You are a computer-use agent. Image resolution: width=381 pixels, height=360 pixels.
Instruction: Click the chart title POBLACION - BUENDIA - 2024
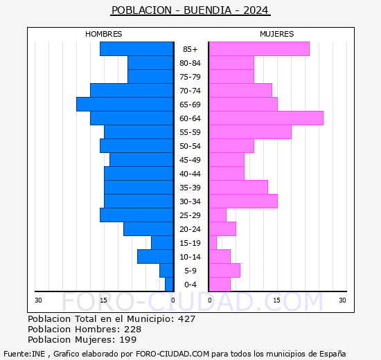coord(190,10)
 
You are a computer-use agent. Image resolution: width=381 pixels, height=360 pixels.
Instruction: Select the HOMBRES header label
coord(104,34)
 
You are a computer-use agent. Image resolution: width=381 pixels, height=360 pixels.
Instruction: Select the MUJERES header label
coord(276,34)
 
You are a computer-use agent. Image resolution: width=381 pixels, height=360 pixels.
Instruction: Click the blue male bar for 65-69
coord(125,104)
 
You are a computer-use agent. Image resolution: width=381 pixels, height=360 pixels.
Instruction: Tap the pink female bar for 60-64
coord(265,118)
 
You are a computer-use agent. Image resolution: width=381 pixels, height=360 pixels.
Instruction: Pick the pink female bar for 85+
coord(258,48)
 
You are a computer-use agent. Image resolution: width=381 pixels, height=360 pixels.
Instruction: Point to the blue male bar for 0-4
coord(169,284)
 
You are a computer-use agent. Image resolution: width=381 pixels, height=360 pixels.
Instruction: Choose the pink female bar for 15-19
coord(213,242)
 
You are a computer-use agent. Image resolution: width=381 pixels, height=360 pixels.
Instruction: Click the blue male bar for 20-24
coord(148,228)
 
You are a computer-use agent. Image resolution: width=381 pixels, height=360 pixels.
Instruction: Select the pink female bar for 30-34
coord(242,201)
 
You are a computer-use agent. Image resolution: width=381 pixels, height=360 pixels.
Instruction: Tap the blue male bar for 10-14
coord(155,256)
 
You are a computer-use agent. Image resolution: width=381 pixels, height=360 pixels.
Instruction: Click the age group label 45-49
coord(190,160)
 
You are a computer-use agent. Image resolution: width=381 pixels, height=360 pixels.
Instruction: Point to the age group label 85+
coord(190,49)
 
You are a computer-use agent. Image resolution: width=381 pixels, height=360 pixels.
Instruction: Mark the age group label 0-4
coord(190,285)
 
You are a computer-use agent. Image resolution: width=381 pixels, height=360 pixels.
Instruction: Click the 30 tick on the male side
coord(39,300)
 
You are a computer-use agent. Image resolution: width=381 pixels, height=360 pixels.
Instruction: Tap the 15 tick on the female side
coord(276,300)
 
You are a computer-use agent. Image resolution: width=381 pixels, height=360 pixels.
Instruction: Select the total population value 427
coord(186,319)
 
